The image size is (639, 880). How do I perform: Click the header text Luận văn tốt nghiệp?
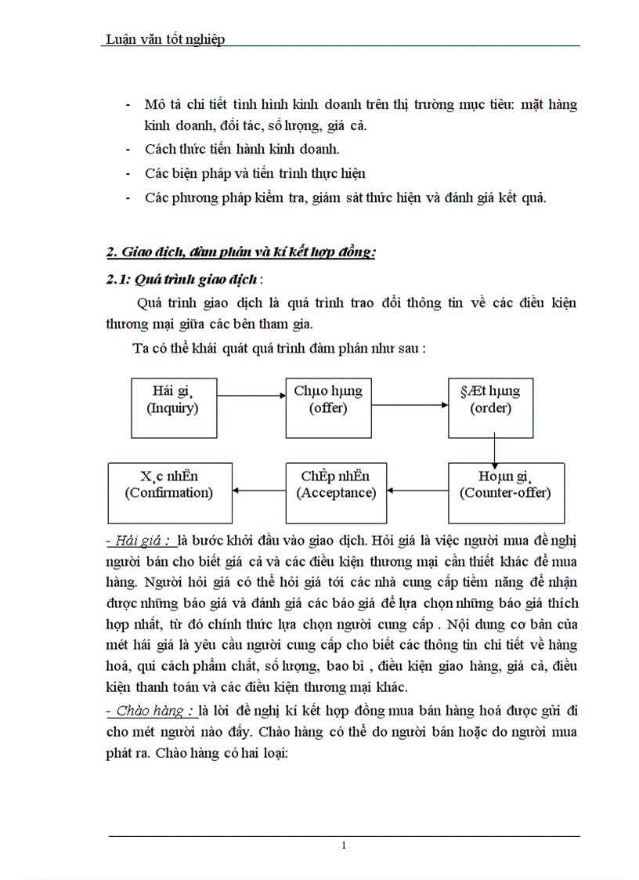coord(164,38)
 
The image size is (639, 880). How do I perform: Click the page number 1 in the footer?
coord(343,846)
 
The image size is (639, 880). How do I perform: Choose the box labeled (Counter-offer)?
coord(506,493)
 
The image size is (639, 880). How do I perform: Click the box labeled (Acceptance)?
coord(336,493)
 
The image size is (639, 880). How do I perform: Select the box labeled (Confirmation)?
coord(169,493)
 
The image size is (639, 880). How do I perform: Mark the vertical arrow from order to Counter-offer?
coord(495,450)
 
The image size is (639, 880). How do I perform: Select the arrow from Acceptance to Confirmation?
coord(258,491)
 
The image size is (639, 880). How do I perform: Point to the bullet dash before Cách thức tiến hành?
coord(128,149)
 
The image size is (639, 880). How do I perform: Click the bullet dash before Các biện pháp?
coord(128,173)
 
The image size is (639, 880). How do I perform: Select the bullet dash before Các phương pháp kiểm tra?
coord(128,197)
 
